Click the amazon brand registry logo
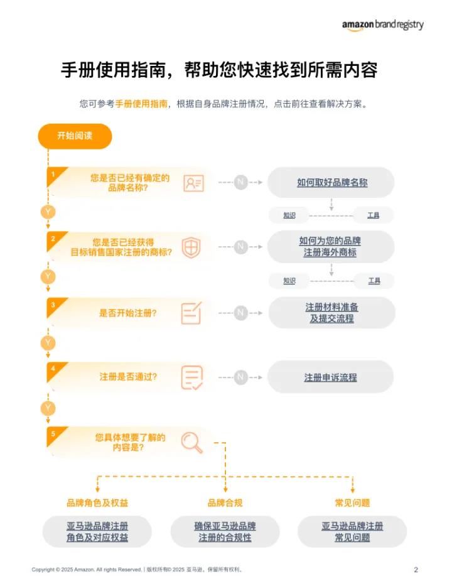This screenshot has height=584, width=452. [x=382, y=24]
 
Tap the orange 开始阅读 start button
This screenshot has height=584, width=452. [x=75, y=136]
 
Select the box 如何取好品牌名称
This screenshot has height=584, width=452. [x=331, y=183]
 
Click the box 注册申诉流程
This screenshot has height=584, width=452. [x=331, y=377]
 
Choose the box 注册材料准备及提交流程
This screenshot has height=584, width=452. [x=331, y=313]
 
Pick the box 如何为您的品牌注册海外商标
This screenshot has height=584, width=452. [x=331, y=247]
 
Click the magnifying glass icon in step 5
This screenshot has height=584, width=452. [x=192, y=442]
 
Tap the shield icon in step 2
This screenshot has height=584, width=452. [x=191, y=247]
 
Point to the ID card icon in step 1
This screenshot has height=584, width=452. [x=193, y=183]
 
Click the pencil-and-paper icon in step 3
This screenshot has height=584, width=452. [x=191, y=313]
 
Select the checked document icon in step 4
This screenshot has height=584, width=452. [x=192, y=377]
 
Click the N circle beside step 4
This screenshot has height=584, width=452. [x=240, y=377]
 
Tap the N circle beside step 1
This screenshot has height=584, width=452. [x=240, y=183]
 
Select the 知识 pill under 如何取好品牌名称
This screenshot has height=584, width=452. [x=289, y=215]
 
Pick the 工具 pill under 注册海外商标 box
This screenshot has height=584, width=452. [x=374, y=281]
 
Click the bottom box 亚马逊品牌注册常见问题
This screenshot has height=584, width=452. [x=352, y=532]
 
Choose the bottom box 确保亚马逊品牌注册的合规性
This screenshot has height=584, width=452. [x=225, y=532]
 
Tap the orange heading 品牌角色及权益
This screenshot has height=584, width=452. [x=98, y=503]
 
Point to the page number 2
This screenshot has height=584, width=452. [x=416, y=570]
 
